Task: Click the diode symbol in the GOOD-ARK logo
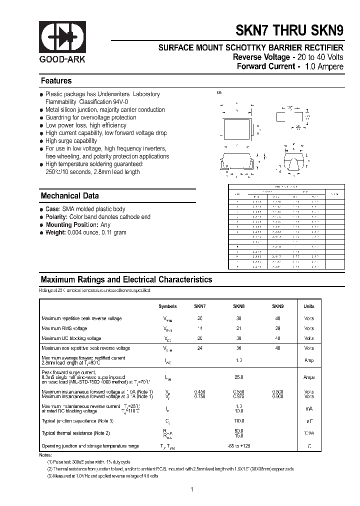pyautogui.click(x=62, y=37)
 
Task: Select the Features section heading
pyautogui.click(x=56, y=81)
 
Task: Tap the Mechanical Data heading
pyautogui.click(x=69, y=196)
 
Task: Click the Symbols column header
pyautogui.click(x=167, y=306)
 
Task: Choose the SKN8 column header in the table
pyautogui.click(x=238, y=306)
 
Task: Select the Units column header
pyautogui.click(x=309, y=306)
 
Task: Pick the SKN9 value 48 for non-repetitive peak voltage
pyautogui.click(x=277, y=348)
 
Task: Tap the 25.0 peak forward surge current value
pyautogui.click(x=238, y=377)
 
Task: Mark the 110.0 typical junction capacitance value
pyautogui.click(x=238, y=421)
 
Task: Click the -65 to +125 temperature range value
pyautogui.click(x=238, y=445)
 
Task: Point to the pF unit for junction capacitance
pyautogui.click(x=309, y=421)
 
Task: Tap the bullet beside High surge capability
pyautogui.click(x=41, y=141)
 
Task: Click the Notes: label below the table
pyautogui.click(x=45, y=455)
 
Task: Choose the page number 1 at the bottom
pyautogui.click(x=192, y=489)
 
